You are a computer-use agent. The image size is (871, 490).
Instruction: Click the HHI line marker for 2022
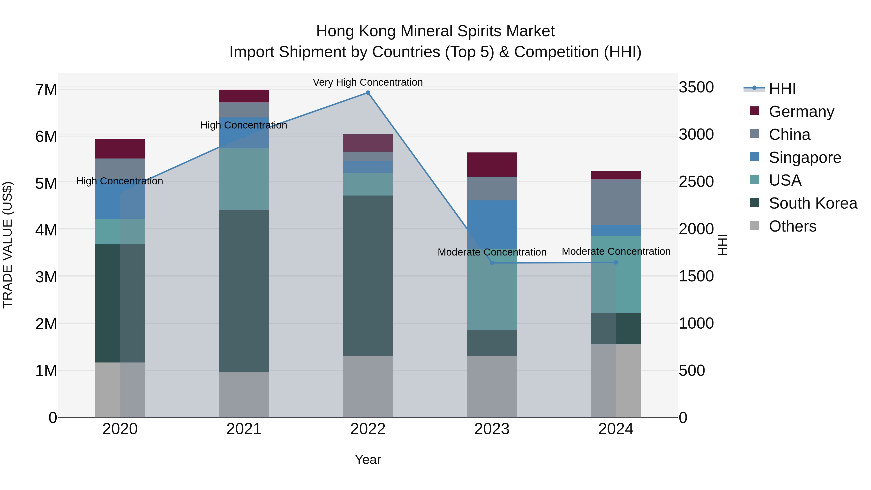[368, 93]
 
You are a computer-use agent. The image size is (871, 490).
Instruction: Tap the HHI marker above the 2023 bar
[492, 263]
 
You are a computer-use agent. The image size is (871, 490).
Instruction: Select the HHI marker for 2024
[616, 262]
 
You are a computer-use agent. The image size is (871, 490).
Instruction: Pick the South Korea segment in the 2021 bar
[244, 291]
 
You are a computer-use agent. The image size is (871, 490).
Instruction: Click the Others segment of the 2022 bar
[368, 386]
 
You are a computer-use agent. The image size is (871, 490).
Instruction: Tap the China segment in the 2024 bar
[616, 202]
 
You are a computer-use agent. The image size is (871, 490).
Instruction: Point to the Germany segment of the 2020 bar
[120, 149]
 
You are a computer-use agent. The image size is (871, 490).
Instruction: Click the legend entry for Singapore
[805, 158]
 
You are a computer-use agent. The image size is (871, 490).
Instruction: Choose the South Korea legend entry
[813, 203]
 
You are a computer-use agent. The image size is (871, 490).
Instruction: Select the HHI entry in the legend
[782, 89]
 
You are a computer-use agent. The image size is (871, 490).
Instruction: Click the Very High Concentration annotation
[368, 82]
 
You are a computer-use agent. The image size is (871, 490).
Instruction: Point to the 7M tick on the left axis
[46, 90]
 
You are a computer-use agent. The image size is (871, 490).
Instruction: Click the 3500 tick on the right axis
[696, 88]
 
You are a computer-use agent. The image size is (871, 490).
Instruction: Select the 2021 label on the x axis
[244, 429]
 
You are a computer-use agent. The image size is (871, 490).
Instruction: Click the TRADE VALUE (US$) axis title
[8, 245]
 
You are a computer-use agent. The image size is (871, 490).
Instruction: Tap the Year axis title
[368, 460]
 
